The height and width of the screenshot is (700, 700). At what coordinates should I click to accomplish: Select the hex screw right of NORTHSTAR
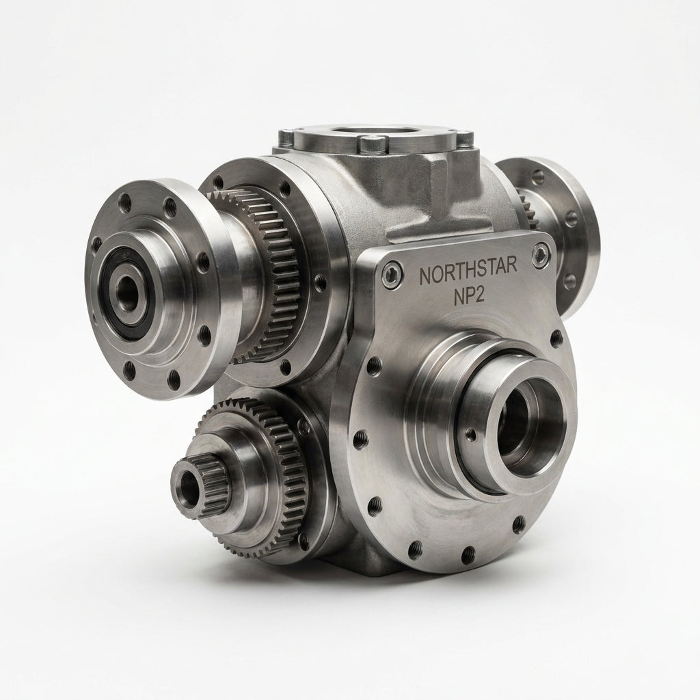click(541, 254)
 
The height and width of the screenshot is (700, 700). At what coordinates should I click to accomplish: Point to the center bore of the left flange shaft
click(126, 290)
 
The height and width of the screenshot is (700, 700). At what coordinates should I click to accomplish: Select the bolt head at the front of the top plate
click(373, 144)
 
